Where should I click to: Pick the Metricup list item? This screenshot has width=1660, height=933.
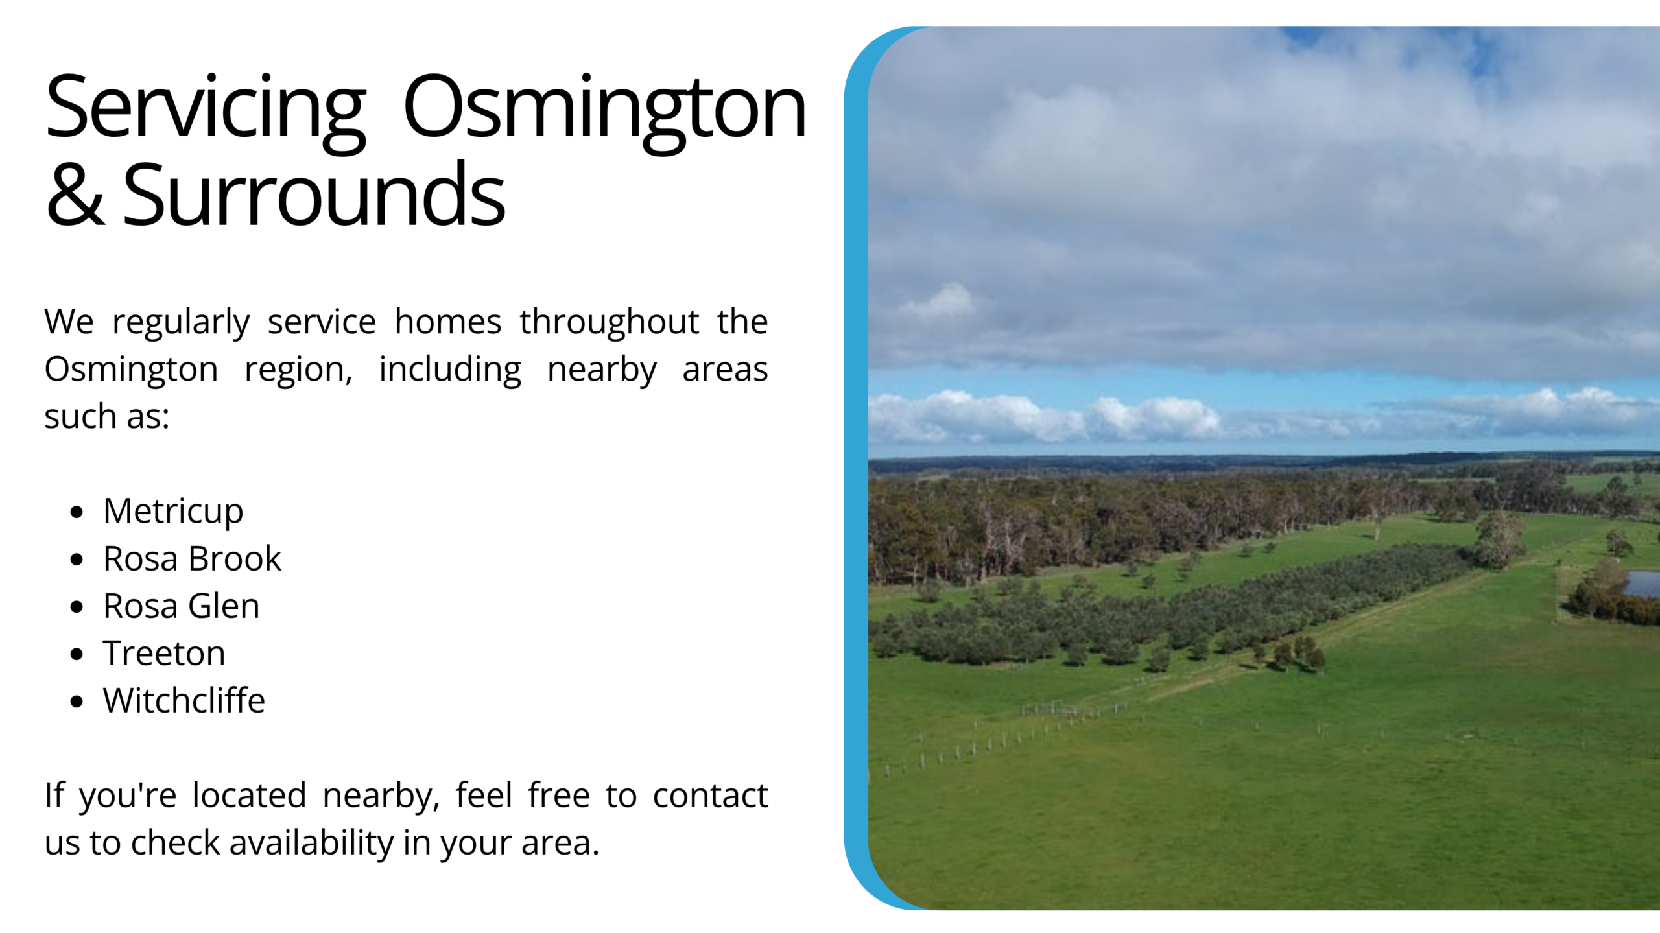(x=173, y=512)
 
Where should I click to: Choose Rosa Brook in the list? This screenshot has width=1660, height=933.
(x=192, y=558)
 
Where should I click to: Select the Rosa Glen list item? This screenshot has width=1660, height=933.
(x=181, y=606)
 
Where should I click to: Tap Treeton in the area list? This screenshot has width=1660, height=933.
(x=164, y=653)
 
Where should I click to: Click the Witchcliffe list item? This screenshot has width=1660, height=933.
(x=184, y=700)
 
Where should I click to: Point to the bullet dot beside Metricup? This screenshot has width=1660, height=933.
(x=77, y=512)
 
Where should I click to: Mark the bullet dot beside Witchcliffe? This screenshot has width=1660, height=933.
(x=77, y=702)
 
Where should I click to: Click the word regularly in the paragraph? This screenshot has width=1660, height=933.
(x=181, y=323)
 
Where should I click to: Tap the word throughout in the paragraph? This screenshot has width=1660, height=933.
(x=610, y=322)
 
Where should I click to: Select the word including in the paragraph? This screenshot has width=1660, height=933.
(x=450, y=370)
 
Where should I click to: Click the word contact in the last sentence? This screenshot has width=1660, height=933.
(x=710, y=796)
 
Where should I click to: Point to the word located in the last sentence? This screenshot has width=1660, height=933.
(x=249, y=796)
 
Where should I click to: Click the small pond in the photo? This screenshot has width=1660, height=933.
(x=1642, y=584)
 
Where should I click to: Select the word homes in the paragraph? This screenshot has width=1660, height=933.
(x=448, y=322)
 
